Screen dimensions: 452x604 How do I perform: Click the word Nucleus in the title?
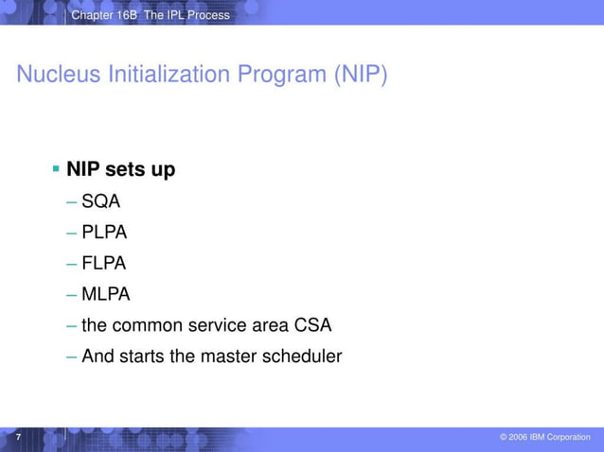[52, 75]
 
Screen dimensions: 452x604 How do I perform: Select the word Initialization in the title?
[149, 75]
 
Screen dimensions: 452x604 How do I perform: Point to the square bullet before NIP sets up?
[56, 169]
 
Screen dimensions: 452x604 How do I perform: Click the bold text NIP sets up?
[120, 170]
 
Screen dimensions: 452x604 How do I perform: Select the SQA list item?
[101, 200]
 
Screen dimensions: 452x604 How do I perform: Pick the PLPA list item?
[104, 232]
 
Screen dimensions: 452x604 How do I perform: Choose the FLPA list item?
[104, 263]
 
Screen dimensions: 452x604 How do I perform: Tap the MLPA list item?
[105, 294]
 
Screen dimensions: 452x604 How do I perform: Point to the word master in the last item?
[227, 356]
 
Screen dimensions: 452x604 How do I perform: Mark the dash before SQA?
[73, 200]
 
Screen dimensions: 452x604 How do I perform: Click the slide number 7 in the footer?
[17, 436]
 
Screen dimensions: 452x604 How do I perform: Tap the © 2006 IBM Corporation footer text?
[545, 437]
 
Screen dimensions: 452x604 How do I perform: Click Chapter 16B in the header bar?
[104, 15]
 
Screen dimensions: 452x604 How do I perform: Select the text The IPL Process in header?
[187, 15]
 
